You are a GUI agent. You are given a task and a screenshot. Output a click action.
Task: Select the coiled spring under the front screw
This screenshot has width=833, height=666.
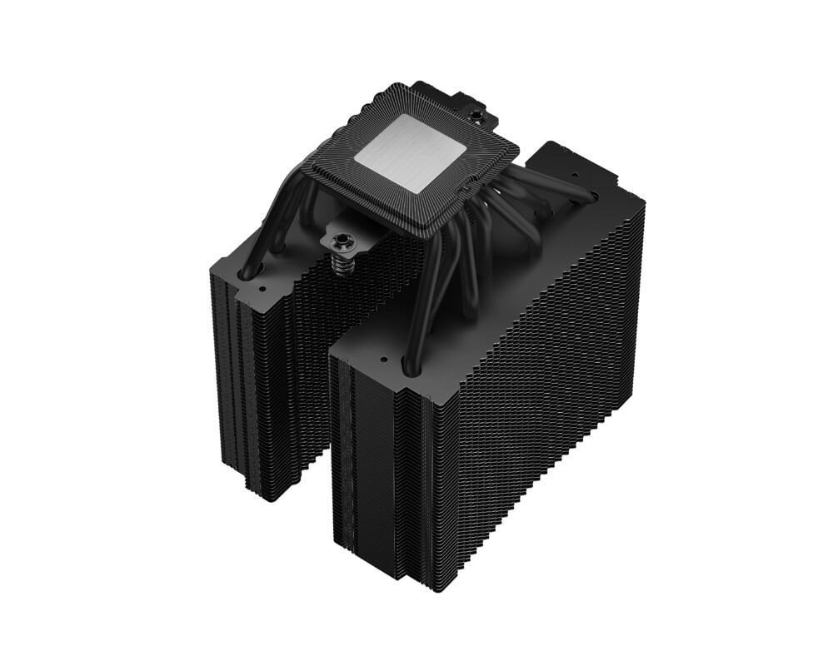341,266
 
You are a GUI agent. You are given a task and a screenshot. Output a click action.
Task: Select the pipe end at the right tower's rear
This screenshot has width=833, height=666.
591,196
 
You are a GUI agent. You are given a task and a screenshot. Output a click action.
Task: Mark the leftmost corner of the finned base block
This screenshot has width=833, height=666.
302,166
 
